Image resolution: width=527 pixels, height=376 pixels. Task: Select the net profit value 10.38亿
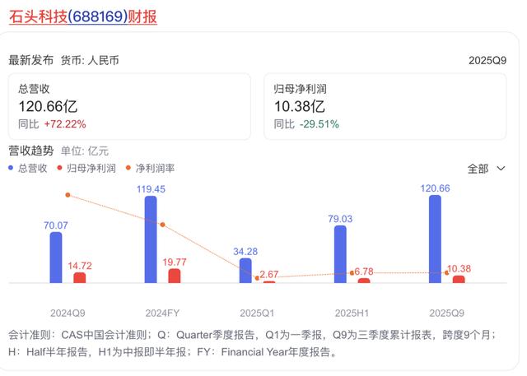[x=300, y=106]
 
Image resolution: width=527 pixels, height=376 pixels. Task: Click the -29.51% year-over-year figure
[x=318, y=124]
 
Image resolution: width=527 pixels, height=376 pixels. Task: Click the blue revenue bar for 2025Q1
[x=245, y=270]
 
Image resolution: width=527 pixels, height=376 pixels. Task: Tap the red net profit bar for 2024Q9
[x=79, y=277]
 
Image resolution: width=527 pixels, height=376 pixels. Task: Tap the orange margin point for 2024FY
[x=162, y=225]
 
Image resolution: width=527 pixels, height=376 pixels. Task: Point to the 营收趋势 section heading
[x=31, y=151]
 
